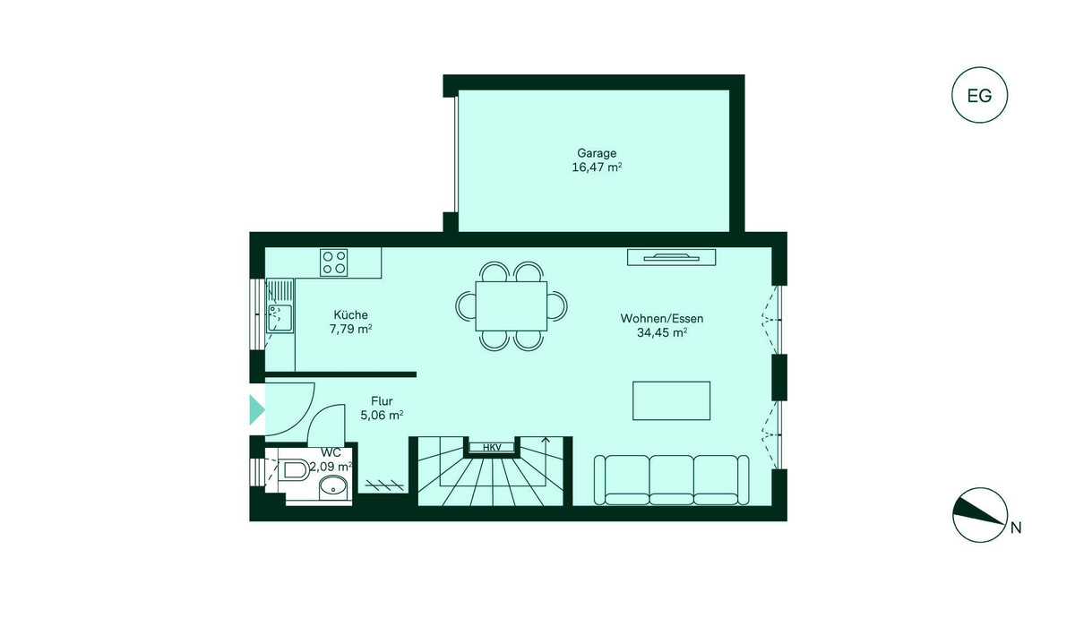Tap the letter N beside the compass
(1016, 528)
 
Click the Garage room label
(597, 153)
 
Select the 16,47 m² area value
(597, 167)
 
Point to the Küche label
(351, 314)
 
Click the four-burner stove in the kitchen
(334, 262)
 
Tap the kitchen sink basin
(280, 317)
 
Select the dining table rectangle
(512, 306)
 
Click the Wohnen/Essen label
(662, 319)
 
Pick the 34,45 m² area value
(662, 332)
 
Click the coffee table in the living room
(671, 401)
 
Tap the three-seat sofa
(671, 480)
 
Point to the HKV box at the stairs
(492, 448)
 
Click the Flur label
(382, 401)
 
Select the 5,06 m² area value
(382, 415)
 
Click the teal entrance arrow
(257, 409)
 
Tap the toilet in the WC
(293, 469)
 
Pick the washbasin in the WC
(334, 488)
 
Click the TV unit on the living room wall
(671, 257)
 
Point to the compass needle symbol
(979, 515)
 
